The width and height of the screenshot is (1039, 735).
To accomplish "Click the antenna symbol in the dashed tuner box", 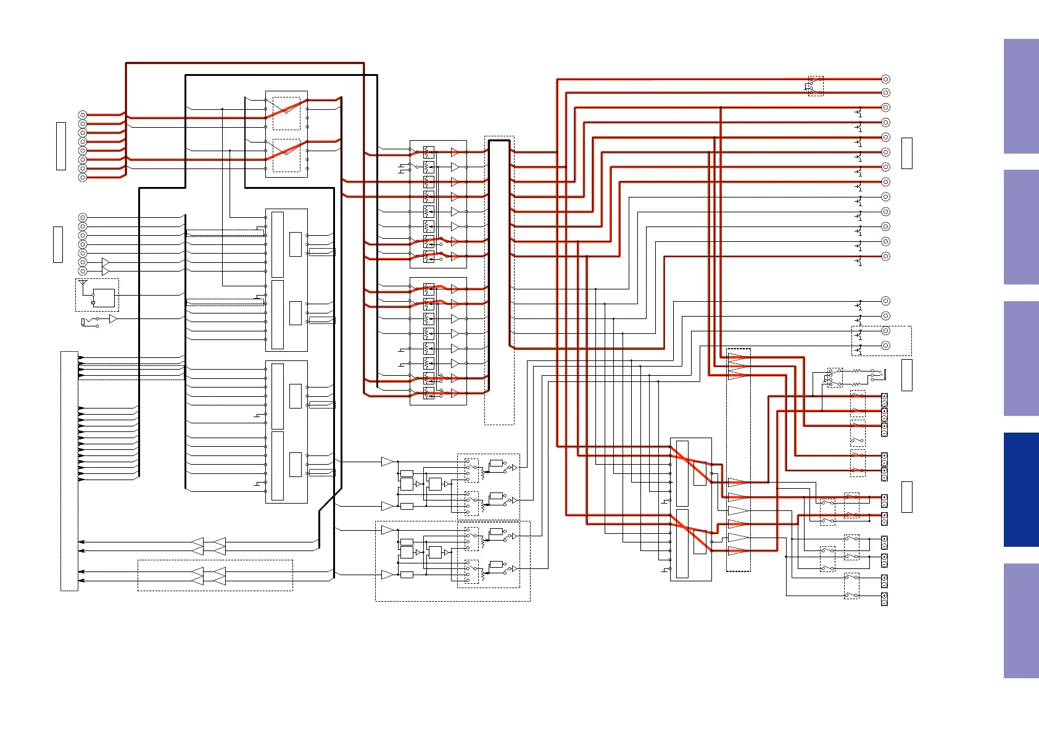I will (83, 283).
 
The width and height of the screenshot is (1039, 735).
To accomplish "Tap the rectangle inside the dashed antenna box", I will (104, 298).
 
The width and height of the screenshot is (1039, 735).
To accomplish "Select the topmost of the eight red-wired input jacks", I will (83, 115).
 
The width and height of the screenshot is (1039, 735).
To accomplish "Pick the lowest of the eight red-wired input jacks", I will (83, 177).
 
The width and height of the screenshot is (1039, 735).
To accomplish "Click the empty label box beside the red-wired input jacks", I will (61, 146).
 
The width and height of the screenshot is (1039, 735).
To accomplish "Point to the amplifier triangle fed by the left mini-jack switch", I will (113, 319).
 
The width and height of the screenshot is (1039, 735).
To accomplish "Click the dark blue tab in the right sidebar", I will (1021, 489).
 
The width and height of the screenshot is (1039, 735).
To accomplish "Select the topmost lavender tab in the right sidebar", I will (1021, 96).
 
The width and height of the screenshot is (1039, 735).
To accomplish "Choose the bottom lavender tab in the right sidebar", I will (1021, 620).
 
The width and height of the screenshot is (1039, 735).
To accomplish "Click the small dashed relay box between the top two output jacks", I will (816, 86).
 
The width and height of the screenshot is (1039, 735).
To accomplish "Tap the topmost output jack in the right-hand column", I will (885, 79).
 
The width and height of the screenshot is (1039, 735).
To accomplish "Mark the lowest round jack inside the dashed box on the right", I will (885, 346).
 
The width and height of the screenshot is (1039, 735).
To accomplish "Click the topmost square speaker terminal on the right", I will (884, 397).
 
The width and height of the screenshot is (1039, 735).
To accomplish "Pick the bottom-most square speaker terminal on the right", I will (884, 598).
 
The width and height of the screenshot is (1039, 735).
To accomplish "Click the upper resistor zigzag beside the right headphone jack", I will (856, 372).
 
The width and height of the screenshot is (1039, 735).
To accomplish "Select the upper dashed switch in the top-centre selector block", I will (286, 113).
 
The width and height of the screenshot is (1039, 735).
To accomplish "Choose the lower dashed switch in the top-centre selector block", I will (286, 155).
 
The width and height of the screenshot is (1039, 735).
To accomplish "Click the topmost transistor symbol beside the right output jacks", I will (859, 112).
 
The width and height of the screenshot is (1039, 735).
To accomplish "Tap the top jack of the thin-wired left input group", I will (83, 217).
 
